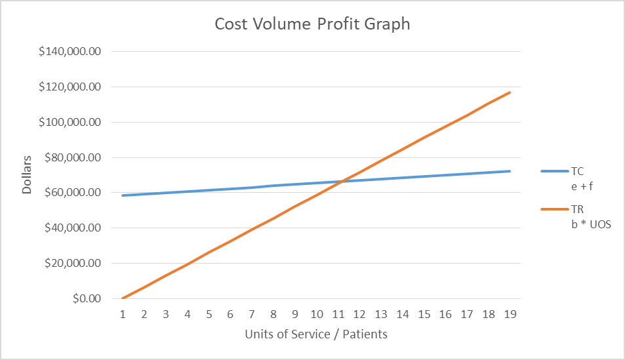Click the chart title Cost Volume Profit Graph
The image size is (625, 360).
coord(312,24)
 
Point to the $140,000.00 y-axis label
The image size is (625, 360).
coord(68,51)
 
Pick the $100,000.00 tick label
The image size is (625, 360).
coord(68,122)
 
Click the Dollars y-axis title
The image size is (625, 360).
coord(27,175)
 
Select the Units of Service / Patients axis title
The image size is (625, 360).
coord(316,334)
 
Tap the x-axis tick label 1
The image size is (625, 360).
coord(123,314)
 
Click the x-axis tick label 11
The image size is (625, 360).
coord(338,314)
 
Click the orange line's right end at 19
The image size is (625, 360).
coord(510,92)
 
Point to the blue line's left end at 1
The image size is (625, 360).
coord(123,195)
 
